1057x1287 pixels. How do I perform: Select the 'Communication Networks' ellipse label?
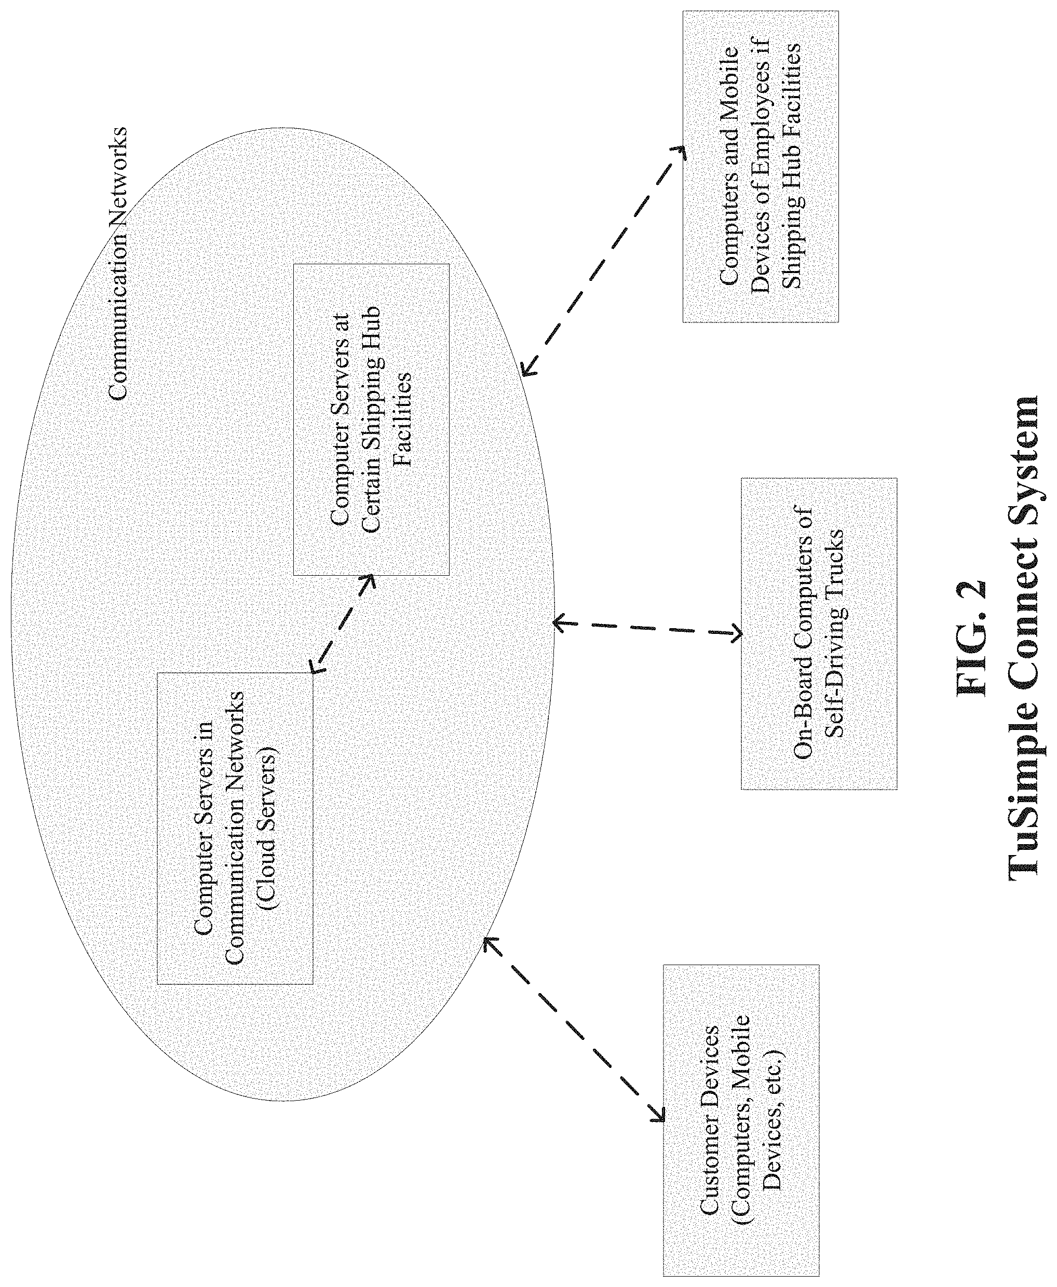pyautogui.click(x=117, y=263)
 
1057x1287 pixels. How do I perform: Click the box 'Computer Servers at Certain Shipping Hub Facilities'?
pyautogui.click(x=371, y=419)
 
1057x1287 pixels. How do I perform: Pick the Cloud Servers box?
pyautogui.click(x=235, y=828)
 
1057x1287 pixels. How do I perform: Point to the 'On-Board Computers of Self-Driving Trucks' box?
pyautogui.click(x=819, y=634)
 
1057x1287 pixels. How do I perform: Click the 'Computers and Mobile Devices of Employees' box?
pyautogui.click(x=761, y=166)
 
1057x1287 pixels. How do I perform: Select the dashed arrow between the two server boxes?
pyautogui.click(x=342, y=624)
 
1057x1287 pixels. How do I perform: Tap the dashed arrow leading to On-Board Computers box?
pyautogui.click(x=647, y=628)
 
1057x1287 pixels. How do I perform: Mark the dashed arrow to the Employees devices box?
pyautogui.click(x=603, y=260)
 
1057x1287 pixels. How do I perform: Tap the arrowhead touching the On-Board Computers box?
pyautogui.click(x=736, y=634)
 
